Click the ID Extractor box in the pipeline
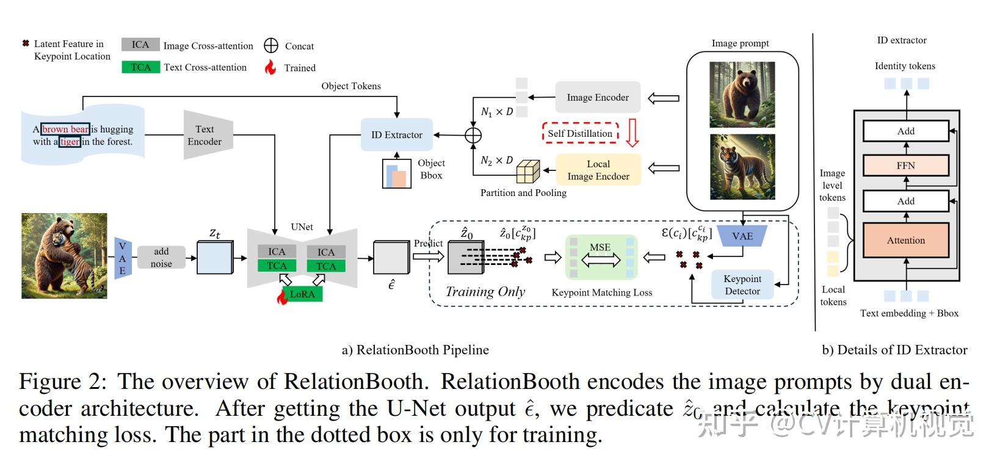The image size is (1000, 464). [397, 135]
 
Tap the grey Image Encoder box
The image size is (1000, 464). [598, 97]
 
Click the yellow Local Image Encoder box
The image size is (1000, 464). [598, 170]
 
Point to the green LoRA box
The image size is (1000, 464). [302, 294]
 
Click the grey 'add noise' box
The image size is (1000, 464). [161, 258]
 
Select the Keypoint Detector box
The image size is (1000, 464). [742, 285]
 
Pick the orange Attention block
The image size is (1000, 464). [905, 240]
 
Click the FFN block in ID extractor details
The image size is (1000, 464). [905, 165]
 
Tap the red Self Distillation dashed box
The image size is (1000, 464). [580, 133]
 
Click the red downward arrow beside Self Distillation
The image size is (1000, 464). [632, 132]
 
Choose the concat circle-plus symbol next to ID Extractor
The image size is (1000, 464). [473, 135]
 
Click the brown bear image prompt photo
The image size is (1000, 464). [742, 94]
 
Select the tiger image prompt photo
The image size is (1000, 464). [742, 167]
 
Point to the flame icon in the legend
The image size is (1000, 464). [270, 67]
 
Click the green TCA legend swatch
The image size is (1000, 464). [140, 67]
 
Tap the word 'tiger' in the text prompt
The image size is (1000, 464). [70, 142]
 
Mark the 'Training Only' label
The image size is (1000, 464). [485, 292]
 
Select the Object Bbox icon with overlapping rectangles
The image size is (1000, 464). [397, 174]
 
